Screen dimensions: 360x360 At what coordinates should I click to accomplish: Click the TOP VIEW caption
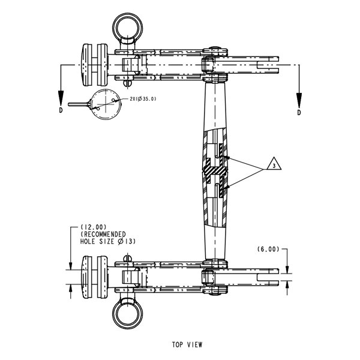click(x=187, y=344)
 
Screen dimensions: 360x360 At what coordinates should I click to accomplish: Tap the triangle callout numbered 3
click(x=274, y=164)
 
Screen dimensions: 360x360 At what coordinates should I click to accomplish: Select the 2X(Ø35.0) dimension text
click(x=143, y=99)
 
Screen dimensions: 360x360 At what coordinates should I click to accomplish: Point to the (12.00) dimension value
click(x=94, y=227)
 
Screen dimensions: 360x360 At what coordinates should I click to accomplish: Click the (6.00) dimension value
click(x=268, y=249)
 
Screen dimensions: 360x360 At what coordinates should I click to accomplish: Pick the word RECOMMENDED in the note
click(x=103, y=235)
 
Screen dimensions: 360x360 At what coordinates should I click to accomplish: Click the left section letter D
click(x=61, y=110)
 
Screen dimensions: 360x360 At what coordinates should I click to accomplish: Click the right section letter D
click(x=299, y=113)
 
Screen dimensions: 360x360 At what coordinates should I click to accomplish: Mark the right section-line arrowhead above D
click(x=299, y=100)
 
